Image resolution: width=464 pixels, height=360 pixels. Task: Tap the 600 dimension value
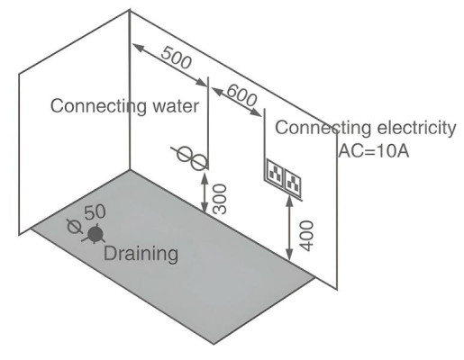pos(241,94)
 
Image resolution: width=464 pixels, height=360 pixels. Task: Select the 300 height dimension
pos(219,199)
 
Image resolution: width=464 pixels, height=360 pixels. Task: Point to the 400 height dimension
pos(306,236)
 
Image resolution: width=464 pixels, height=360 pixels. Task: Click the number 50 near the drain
pos(95,211)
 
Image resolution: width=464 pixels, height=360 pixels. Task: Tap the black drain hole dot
pos(96,234)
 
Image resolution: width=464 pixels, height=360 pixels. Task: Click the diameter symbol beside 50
pos(74,227)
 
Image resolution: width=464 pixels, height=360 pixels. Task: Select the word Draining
pos(141,254)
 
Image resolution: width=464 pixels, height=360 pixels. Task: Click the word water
pos(176,106)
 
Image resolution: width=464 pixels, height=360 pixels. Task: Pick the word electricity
pos(416,128)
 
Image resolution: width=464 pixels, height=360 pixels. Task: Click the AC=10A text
pos(374,151)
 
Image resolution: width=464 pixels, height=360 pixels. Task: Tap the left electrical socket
pos(275,171)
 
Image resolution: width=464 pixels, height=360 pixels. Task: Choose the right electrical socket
pos(293,182)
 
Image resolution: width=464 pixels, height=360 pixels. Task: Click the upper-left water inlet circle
pos(184,154)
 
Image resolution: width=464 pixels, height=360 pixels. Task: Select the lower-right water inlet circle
pos(198,162)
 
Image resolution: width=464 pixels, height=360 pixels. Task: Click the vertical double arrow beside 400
pos(289,228)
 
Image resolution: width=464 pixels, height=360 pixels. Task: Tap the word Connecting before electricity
pos(323,128)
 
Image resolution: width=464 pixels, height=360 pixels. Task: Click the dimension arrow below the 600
pos(237,102)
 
